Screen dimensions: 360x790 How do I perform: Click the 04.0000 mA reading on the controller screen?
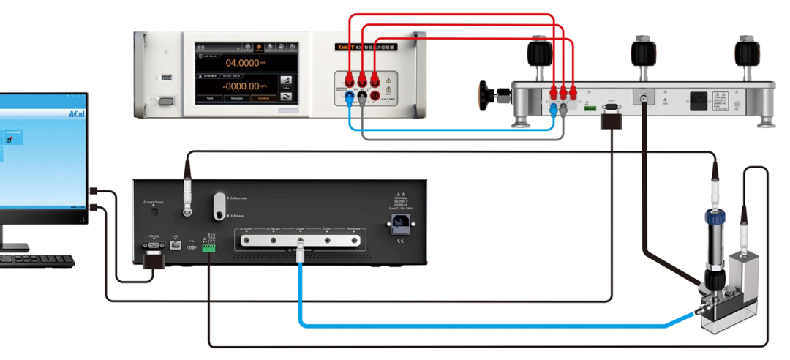241,63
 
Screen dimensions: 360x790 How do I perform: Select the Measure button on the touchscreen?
237,98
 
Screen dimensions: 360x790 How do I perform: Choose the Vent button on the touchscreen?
210,98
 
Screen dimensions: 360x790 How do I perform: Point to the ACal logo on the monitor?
78,114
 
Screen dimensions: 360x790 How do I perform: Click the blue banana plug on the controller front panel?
350,95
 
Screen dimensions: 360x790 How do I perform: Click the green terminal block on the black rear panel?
209,248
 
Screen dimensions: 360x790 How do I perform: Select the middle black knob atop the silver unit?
642,53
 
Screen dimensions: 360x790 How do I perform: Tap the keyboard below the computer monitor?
37,260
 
